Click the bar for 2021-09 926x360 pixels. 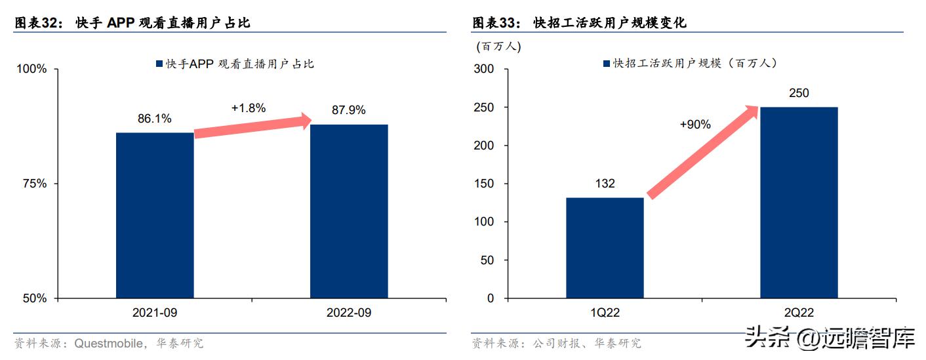(x=155, y=215)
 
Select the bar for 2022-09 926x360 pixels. (x=349, y=211)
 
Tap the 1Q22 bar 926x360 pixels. (x=605, y=248)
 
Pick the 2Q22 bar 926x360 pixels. (x=799, y=203)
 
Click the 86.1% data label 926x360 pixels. (x=155, y=119)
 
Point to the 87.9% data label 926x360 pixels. (x=349, y=110)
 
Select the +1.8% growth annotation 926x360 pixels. (x=249, y=108)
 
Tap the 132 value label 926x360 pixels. (x=605, y=184)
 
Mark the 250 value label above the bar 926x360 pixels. (x=799, y=93)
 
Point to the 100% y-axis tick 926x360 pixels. (x=31, y=70)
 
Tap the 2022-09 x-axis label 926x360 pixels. (x=349, y=313)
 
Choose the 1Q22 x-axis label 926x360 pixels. (x=605, y=313)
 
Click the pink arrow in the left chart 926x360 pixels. (x=252, y=126)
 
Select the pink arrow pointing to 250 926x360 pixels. (x=702, y=152)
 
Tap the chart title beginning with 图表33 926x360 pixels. (x=580, y=23)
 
